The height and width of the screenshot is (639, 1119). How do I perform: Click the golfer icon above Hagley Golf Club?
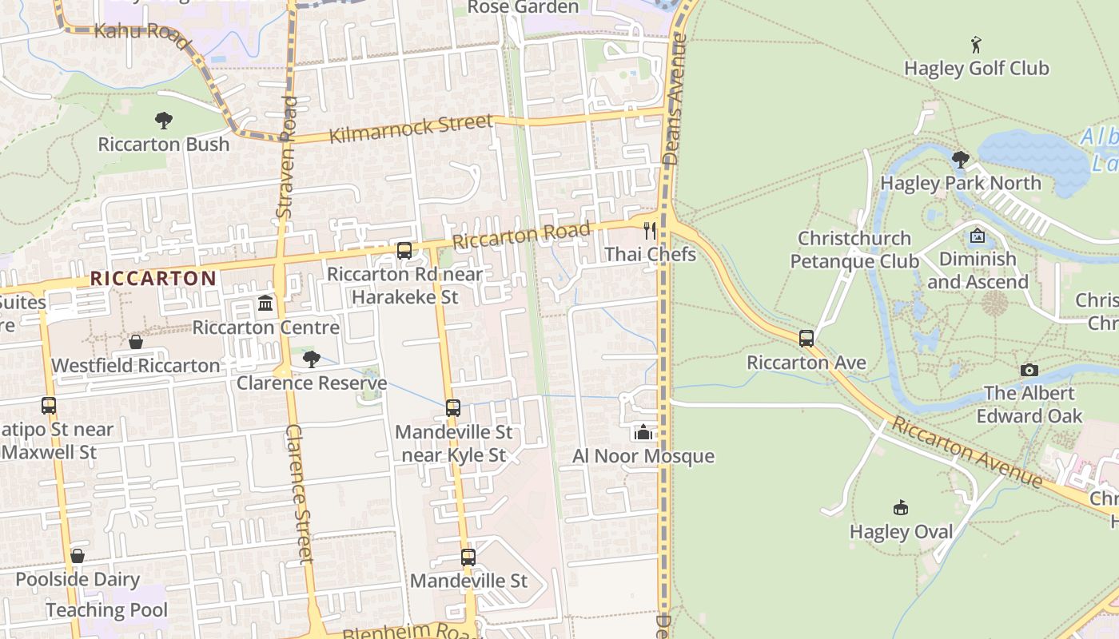976,44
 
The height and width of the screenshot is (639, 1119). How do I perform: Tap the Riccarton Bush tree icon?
164,121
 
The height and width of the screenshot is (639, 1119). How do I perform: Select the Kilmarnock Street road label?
412,128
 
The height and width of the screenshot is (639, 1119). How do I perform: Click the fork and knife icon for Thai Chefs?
650,231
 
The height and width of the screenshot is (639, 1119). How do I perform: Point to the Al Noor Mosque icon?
643,432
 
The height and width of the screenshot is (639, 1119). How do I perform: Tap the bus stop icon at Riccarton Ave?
806,339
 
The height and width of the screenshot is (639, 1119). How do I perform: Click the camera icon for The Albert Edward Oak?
1029,370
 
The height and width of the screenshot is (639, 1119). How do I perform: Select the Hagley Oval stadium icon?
901,507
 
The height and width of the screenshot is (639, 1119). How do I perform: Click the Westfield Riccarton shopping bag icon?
136,342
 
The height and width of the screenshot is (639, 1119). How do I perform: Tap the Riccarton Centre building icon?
265,304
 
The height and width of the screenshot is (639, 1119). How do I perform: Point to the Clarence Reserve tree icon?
312,359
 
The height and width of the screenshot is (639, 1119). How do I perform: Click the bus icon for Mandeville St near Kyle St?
453,408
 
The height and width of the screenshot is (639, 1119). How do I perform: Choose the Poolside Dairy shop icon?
78,556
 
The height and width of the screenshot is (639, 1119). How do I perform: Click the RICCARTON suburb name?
153,279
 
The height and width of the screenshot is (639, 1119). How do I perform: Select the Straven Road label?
286,158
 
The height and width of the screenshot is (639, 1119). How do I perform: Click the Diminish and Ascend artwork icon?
977,236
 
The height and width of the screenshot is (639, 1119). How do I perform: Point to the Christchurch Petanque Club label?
854,250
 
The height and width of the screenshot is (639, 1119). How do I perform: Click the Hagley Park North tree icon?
961,160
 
